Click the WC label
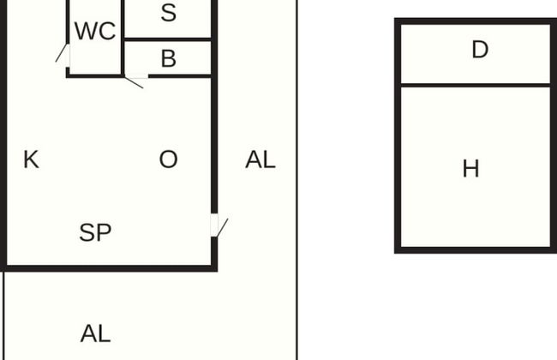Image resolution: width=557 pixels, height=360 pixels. coord(95,31)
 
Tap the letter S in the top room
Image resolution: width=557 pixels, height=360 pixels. coord(168,13)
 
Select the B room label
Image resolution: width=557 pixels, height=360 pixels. coord(168,58)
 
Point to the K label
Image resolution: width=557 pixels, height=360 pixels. coord(31,159)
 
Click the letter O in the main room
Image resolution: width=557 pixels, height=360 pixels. coord(168,159)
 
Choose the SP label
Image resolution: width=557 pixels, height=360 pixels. coord(95,232)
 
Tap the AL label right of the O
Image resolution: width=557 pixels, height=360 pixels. coord(261,159)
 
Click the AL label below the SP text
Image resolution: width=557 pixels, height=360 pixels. coord(96,333)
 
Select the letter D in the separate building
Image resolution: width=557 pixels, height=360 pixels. coord(480,50)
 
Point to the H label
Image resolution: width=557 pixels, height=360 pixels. coord(471,169)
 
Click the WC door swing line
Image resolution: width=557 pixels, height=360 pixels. coord(61,52)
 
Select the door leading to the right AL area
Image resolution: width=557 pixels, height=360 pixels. coord(214,225)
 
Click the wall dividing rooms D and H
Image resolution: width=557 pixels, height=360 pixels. coord(476,86)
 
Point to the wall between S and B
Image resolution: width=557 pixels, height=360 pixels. coord(167,39)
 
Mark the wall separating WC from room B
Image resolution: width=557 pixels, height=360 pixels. coord(123,39)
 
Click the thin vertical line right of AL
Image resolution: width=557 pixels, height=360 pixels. coord(297,180)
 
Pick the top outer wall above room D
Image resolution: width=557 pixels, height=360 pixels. coord(476,21)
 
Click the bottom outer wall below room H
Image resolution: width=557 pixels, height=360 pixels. coord(476,249)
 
